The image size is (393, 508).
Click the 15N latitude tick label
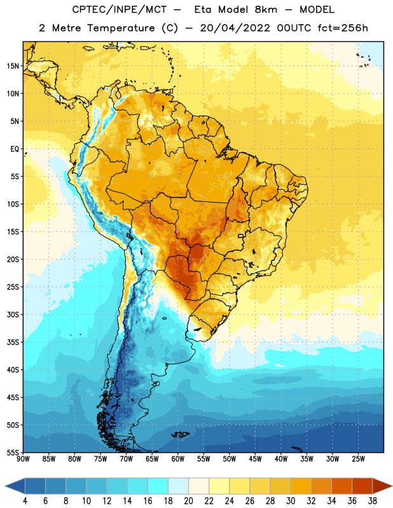coord(13,66)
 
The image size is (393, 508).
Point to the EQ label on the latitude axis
coord(15,149)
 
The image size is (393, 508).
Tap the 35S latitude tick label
coord(13,342)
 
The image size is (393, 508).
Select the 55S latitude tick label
coord(13,452)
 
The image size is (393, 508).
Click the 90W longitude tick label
coord(23,459)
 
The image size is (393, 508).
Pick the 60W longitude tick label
coord(178,459)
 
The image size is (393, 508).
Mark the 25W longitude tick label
coord(358,459)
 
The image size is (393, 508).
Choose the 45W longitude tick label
coord(255,459)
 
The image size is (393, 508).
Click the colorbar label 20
coord(188,501)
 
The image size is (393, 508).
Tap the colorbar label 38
coord(373,501)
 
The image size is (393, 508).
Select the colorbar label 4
coord(25,501)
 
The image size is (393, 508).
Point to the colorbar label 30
coord(291,501)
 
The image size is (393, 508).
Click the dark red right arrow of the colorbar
coord(382,486)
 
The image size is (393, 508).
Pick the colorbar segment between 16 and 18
coord(158,486)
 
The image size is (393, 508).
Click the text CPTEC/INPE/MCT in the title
coord(119,10)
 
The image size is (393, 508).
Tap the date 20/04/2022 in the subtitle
coord(235,28)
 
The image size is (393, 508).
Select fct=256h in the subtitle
coord(343,28)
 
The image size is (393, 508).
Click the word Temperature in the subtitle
coord(121,28)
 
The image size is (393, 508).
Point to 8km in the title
coord(266,10)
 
